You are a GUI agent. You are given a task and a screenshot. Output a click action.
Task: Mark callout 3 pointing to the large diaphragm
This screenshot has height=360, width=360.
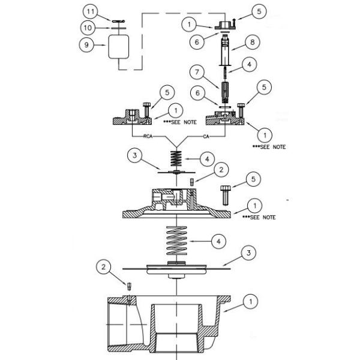(x=248, y=254)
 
